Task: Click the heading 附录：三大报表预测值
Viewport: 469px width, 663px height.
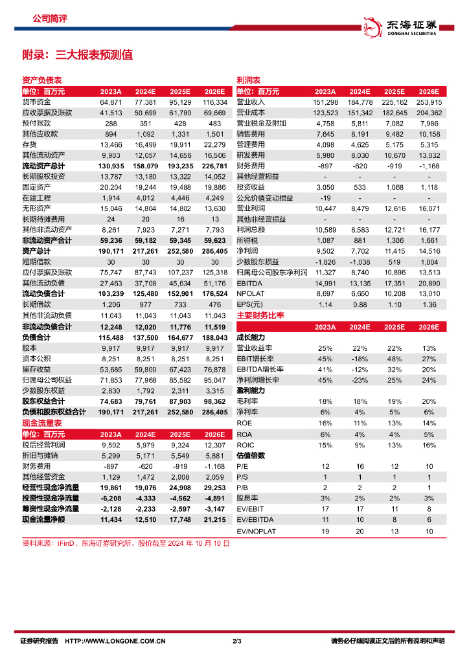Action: (77, 55)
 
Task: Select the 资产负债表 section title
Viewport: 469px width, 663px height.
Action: (42, 80)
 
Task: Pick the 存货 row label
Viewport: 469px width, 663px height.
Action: (30, 144)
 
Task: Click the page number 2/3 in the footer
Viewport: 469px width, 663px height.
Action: (236, 642)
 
